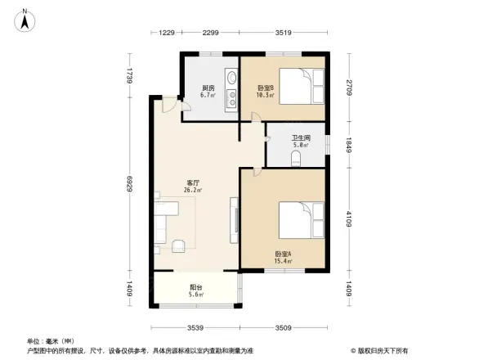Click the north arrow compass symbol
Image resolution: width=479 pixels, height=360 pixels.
26,18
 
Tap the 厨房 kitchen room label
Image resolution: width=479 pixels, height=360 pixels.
208,88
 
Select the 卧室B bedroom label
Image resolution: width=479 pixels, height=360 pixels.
266,88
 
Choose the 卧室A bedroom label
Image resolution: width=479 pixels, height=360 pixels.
283,254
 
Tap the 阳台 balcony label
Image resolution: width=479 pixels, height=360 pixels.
196,287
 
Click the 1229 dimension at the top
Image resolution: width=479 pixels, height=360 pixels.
167,33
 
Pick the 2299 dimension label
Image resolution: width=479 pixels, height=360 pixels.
210,33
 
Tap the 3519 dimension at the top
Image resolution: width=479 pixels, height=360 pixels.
283,33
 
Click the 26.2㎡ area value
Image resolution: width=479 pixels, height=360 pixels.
194,191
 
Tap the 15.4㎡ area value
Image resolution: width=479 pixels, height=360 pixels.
283,262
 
